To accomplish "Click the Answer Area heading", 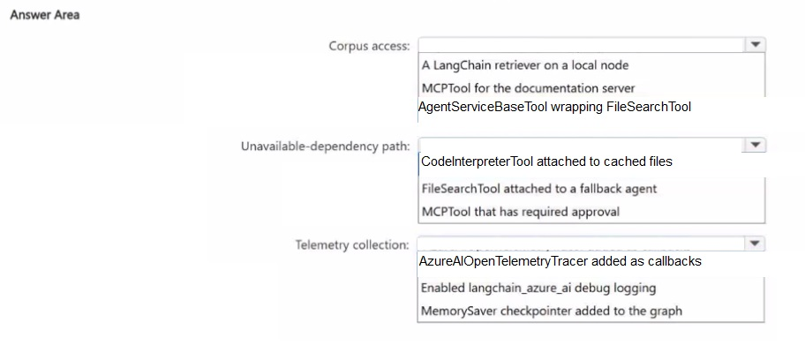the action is point(45,15).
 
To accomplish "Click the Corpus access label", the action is point(370,46).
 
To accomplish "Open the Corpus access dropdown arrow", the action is point(755,45).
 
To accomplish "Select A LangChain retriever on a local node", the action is point(525,65).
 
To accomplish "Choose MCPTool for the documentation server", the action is point(528,88).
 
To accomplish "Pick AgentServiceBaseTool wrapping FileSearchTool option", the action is point(554,107).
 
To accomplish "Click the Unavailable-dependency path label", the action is point(326,146).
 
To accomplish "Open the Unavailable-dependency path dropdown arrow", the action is point(755,146).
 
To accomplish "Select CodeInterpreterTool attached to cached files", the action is point(546,161).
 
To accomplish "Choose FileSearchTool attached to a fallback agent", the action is point(539,189).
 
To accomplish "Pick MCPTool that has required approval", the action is point(521,212).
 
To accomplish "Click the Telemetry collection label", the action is point(352,245).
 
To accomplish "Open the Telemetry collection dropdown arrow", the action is point(754,243).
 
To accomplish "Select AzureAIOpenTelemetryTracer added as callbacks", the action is point(560,261).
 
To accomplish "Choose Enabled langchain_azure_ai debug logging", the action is point(538,289).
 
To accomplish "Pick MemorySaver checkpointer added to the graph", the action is point(552,311).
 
